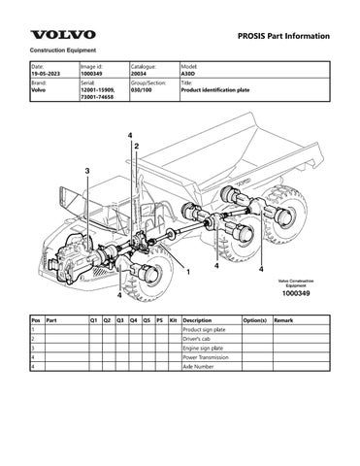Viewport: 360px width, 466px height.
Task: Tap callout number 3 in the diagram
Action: coord(88,171)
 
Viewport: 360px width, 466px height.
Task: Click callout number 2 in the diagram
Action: coord(136,145)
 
